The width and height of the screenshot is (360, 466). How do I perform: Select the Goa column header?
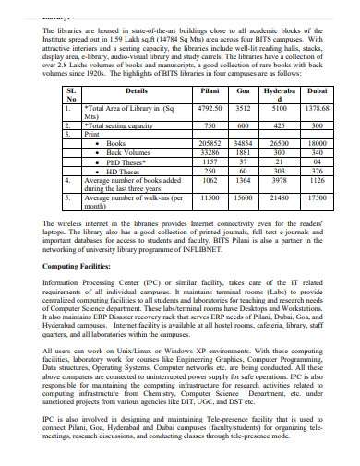tap(244, 92)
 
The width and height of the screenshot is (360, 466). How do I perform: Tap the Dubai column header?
tap(318, 92)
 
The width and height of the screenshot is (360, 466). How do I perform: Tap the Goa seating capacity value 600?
tap(244, 125)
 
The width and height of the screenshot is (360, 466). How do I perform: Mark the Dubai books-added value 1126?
tap(318, 180)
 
